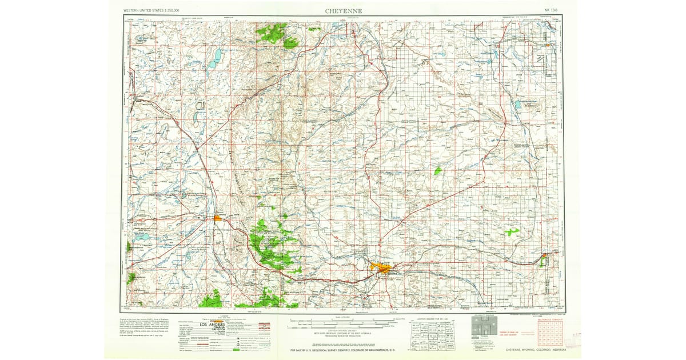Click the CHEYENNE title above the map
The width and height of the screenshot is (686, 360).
343,11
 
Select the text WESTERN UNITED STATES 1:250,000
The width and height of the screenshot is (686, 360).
151,11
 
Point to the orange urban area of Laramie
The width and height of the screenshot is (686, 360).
218,217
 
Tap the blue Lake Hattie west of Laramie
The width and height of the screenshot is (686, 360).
141,235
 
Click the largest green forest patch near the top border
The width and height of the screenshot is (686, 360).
273,33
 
